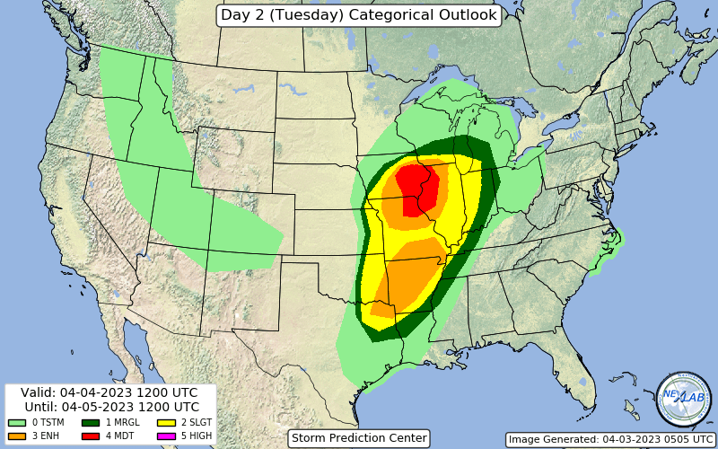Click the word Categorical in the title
(385, 15)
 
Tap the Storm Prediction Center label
(359, 438)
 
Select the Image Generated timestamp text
(610, 439)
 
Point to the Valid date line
(109, 393)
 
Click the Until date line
(109, 407)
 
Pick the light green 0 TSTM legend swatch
(16, 422)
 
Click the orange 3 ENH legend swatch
(16, 436)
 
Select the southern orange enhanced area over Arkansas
(408, 274)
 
